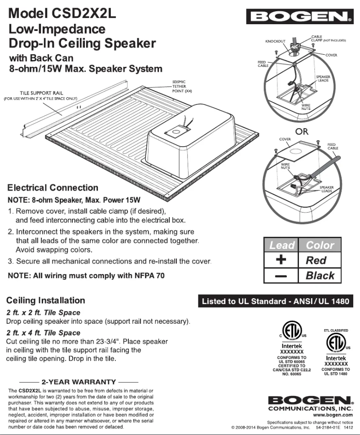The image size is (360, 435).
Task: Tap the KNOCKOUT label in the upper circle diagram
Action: click(275, 41)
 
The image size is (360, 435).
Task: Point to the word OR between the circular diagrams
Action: click(302, 131)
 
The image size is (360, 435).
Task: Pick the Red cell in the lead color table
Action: click(316, 260)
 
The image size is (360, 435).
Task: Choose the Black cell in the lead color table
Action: click(320, 275)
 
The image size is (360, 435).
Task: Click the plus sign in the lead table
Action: click(281, 260)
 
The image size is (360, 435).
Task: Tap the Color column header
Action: click(320, 245)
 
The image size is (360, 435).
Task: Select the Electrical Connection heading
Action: click(53, 187)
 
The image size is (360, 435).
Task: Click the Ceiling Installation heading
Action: click(46, 300)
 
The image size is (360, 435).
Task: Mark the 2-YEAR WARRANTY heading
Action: click(79, 382)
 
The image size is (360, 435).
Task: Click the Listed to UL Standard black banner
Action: click(276, 301)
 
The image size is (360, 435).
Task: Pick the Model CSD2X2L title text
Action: click(62, 13)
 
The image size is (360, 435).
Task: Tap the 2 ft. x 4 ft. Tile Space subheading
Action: click(43, 333)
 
